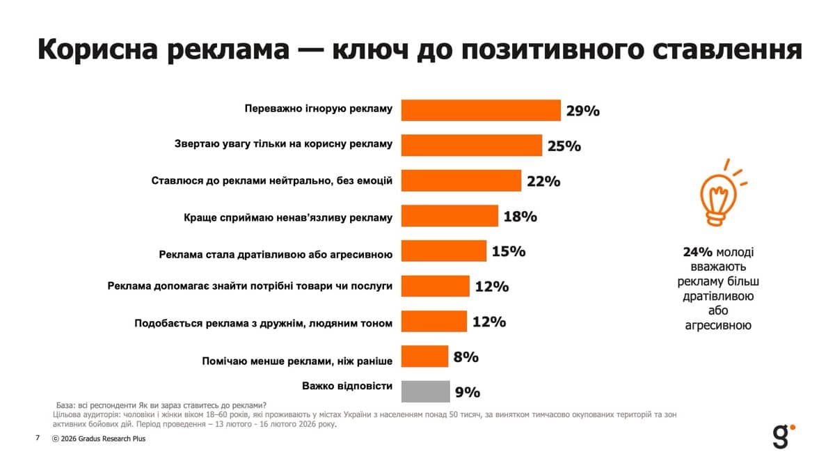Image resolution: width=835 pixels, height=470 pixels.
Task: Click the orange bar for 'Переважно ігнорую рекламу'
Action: point(481,110)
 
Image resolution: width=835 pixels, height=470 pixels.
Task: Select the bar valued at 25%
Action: point(472,145)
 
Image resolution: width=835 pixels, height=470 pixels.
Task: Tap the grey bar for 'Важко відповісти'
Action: point(425,391)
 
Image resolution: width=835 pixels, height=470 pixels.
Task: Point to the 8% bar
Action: point(424,356)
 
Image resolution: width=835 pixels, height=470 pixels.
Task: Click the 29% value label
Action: point(582,111)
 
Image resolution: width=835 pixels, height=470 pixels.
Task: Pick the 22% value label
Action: point(543,181)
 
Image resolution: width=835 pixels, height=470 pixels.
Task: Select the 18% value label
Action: point(520,217)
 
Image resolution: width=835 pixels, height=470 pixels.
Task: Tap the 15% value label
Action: point(508,251)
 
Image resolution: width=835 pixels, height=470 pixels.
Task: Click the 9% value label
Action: point(467,392)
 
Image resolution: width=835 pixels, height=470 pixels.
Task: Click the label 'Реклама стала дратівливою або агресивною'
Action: point(276,254)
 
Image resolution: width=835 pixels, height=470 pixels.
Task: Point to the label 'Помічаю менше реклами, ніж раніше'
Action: point(297,361)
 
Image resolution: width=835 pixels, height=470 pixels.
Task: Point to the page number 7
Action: point(38,439)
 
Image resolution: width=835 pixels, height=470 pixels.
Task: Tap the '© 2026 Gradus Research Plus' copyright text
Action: point(99,439)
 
